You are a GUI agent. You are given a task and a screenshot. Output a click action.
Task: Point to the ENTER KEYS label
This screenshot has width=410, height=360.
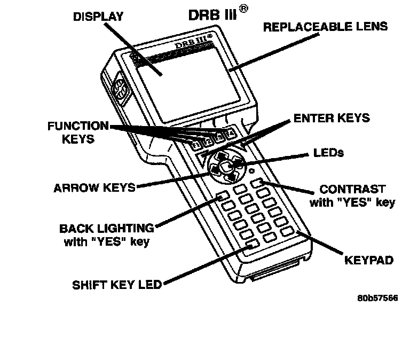click(332, 118)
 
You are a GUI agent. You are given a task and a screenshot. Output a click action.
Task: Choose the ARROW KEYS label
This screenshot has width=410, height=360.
click(94, 188)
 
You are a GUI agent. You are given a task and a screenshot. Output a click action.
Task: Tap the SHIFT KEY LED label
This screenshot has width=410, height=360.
click(117, 285)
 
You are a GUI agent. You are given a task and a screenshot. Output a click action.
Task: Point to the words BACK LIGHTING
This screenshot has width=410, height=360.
click(106, 229)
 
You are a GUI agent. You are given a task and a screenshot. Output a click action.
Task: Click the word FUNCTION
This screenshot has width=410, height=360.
click(78, 127)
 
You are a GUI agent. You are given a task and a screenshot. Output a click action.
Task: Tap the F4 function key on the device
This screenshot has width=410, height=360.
click(230, 134)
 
